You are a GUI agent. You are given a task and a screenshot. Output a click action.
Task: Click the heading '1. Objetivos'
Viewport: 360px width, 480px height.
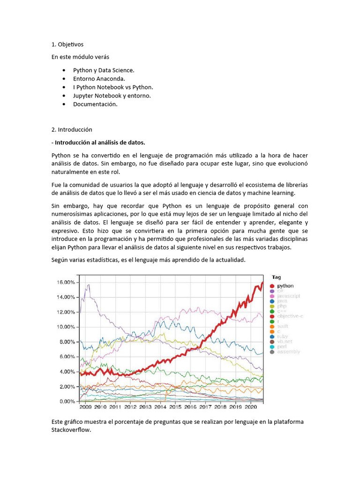click(67, 45)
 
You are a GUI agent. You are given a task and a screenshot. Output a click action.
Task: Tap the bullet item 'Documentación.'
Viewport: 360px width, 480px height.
click(95, 104)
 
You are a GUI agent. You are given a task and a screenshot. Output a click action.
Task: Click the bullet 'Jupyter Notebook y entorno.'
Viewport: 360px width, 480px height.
click(112, 96)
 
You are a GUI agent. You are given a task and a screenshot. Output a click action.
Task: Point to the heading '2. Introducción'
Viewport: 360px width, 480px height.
click(72, 129)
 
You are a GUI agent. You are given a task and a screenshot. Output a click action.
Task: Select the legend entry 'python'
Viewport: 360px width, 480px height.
click(285, 285)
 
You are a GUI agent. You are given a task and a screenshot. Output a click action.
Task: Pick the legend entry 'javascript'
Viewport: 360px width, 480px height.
click(288, 296)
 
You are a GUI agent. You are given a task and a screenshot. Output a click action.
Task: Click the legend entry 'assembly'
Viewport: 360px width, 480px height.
click(288, 352)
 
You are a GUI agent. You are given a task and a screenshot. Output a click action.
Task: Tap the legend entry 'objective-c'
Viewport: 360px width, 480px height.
click(290, 316)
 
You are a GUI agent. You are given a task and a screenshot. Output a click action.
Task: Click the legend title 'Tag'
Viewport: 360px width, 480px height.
click(277, 277)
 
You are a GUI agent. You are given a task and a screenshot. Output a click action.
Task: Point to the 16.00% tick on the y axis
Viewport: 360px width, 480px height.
click(66, 282)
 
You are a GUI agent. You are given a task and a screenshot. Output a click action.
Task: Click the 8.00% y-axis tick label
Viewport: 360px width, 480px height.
click(67, 342)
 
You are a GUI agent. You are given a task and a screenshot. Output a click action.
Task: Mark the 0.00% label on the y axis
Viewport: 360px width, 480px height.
click(67, 402)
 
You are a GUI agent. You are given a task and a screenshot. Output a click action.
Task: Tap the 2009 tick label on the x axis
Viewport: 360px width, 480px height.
click(86, 408)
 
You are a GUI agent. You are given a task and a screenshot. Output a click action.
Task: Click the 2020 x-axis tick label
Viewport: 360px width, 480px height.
click(251, 408)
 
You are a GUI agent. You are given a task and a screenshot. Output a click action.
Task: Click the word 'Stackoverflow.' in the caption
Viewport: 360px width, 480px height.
click(70, 429)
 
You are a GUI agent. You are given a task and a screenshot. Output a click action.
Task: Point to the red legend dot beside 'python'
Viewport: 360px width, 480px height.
click(272, 285)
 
